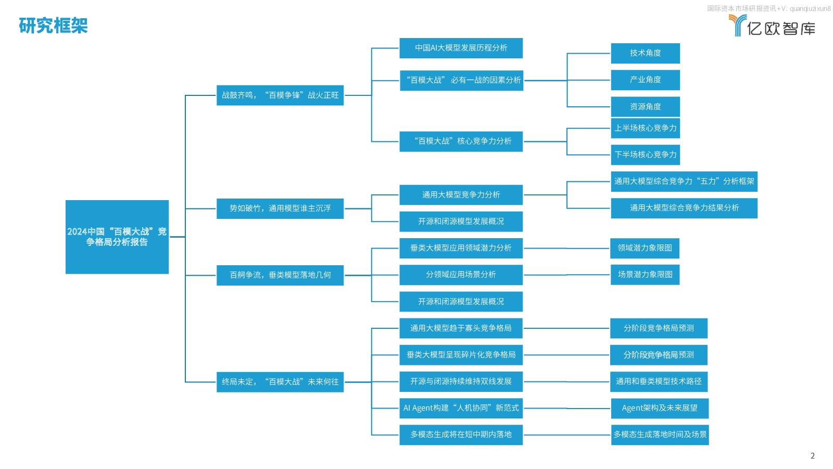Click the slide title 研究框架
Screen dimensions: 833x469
53,26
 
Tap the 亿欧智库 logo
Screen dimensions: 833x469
772,26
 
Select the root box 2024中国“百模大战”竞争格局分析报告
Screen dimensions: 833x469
117,237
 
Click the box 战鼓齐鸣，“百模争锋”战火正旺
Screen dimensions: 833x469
280,95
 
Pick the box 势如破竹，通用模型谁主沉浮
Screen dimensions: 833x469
280,208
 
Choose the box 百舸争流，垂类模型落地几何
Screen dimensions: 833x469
280,275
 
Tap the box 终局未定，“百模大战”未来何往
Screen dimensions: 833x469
280,382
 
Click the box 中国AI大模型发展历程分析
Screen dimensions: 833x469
461,48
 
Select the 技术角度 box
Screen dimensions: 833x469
646,53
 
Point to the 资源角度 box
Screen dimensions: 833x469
646,107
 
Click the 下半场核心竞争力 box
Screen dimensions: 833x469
646,155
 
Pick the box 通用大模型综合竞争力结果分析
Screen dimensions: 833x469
684,208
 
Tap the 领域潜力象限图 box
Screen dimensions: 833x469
645,248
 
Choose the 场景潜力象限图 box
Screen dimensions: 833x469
645,275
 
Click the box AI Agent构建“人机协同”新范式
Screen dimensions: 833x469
461,409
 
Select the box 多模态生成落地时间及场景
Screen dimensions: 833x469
660,435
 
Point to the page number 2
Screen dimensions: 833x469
813,456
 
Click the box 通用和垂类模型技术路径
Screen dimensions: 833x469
659,381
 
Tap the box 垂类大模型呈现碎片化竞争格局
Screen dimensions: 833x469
461,355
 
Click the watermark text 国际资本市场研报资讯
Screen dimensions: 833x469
742,8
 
